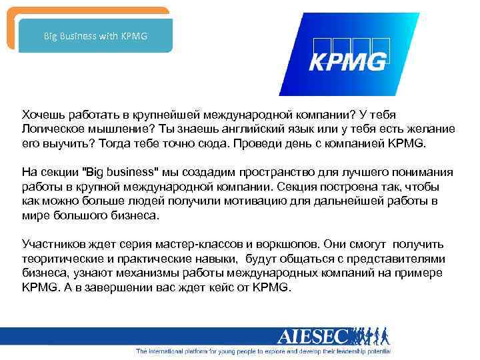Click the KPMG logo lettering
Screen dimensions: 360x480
(x=347, y=61)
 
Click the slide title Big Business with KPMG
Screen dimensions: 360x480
(x=95, y=35)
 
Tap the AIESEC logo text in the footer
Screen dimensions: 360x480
(x=312, y=337)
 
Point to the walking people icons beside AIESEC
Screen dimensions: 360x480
(x=369, y=336)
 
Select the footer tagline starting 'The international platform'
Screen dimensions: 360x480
(x=263, y=351)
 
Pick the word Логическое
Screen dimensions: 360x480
(x=53, y=129)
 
